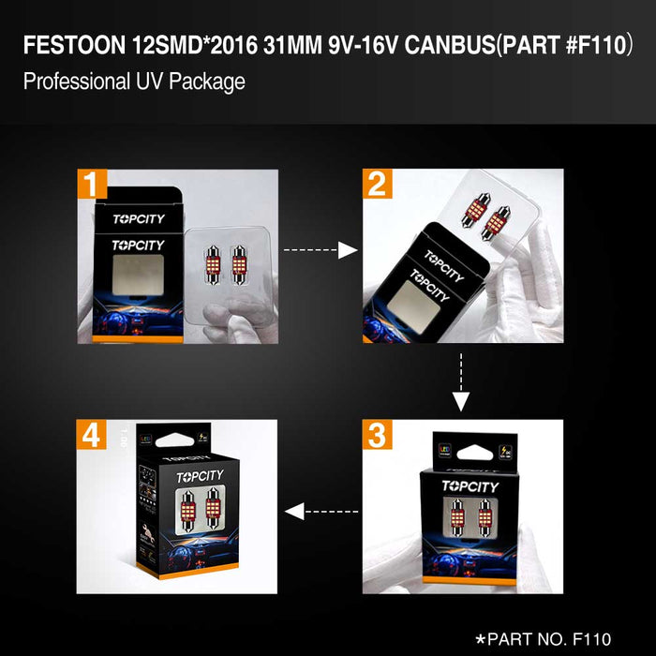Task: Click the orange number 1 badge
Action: [x=91, y=185]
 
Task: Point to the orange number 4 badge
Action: [x=91, y=436]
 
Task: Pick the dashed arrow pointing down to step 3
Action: [x=460, y=381]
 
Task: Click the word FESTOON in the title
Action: [x=69, y=46]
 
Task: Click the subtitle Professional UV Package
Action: [x=133, y=82]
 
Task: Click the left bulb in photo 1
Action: [x=212, y=259]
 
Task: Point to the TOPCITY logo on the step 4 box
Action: [x=199, y=477]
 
